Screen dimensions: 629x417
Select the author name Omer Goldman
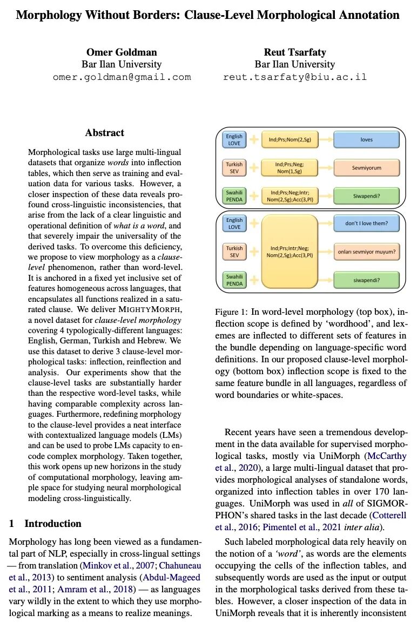[x=122, y=52]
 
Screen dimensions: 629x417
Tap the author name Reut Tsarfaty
[x=295, y=52]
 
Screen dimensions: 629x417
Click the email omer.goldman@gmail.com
[x=122, y=77]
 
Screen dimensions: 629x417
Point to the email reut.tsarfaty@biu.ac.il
[x=295, y=77]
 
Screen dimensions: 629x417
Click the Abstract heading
[x=104, y=133]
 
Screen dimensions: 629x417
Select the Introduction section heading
[x=53, y=523]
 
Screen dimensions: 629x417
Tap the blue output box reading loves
[x=367, y=140]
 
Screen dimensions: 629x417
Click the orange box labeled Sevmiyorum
[x=367, y=167]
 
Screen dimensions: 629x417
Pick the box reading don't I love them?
[x=367, y=222]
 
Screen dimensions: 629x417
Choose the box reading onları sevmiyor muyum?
[x=367, y=252]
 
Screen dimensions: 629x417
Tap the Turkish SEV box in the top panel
[x=234, y=167]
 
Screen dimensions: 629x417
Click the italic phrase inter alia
[x=365, y=527]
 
